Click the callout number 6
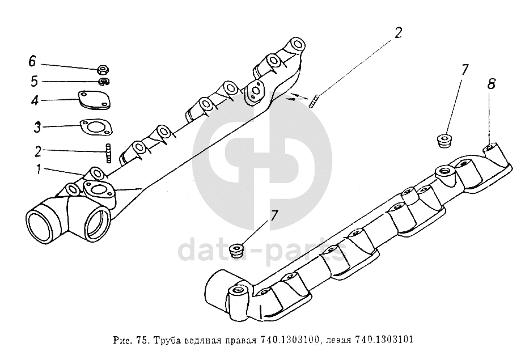(32, 61)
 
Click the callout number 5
(35, 82)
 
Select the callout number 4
(35, 100)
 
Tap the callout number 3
(37, 127)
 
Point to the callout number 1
(39, 170)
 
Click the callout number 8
(491, 84)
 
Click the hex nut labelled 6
(103, 70)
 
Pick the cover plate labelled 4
(95, 100)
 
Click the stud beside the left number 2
(108, 154)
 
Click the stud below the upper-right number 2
(314, 101)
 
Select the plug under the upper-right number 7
(444, 140)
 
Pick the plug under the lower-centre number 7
(237, 251)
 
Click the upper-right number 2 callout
(397, 33)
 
